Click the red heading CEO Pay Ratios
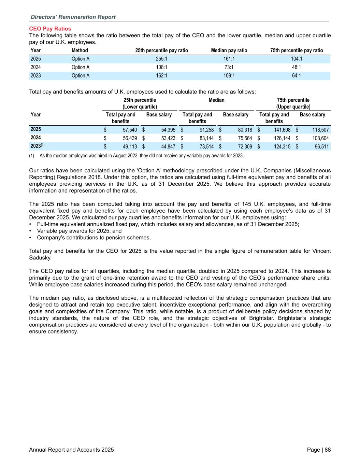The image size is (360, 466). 50,29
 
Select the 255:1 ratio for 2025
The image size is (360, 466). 161,59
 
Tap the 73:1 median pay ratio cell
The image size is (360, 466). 229,67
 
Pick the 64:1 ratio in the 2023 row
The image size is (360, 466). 296,75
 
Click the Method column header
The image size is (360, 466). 80,51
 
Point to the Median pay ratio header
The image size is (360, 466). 229,51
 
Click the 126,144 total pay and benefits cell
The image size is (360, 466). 282,138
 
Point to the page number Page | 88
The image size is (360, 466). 319,450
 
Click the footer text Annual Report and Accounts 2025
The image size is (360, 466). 72,450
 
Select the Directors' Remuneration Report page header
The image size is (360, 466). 73,17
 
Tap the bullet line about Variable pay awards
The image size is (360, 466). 79,231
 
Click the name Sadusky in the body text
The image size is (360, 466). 41,257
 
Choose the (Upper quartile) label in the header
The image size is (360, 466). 293,107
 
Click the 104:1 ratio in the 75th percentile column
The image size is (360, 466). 296,59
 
